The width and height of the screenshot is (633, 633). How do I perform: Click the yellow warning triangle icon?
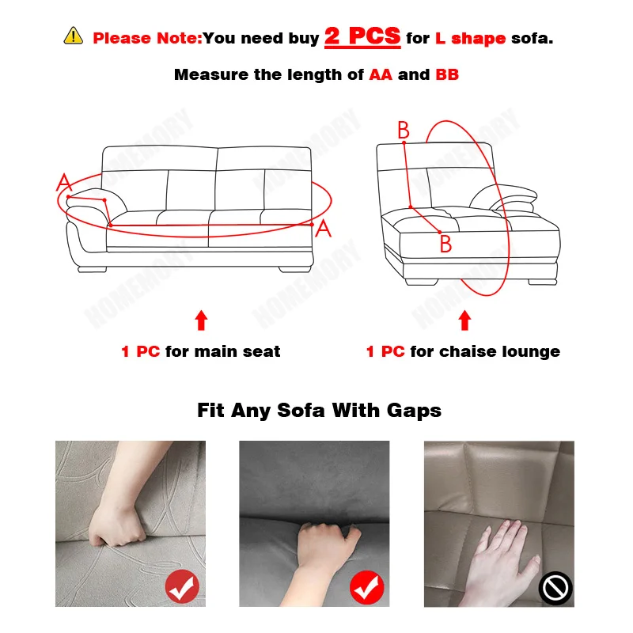click(x=73, y=36)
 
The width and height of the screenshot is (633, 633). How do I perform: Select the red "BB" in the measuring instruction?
click(x=446, y=75)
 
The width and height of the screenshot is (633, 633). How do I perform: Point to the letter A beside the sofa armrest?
click(x=63, y=184)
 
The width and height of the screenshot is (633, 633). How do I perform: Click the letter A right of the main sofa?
click(x=323, y=229)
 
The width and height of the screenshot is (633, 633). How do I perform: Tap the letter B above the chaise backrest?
click(x=404, y=131)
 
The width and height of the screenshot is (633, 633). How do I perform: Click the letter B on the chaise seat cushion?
click(x=445, y=244)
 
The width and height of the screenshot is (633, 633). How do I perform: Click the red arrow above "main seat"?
click(x=201, y=320)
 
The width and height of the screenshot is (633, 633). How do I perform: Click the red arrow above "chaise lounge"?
click(x=464, y=320)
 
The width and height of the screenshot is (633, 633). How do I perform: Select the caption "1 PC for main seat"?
click(x=201, y=351)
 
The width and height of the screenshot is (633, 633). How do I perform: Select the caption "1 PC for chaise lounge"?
click(x=463, y=351)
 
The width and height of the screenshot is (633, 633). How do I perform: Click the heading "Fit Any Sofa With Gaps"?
click(x=319, y=410)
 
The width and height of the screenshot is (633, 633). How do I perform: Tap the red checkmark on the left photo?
click(x=182, y=587)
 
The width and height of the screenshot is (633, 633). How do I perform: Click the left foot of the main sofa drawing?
click(x=92, y=269)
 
